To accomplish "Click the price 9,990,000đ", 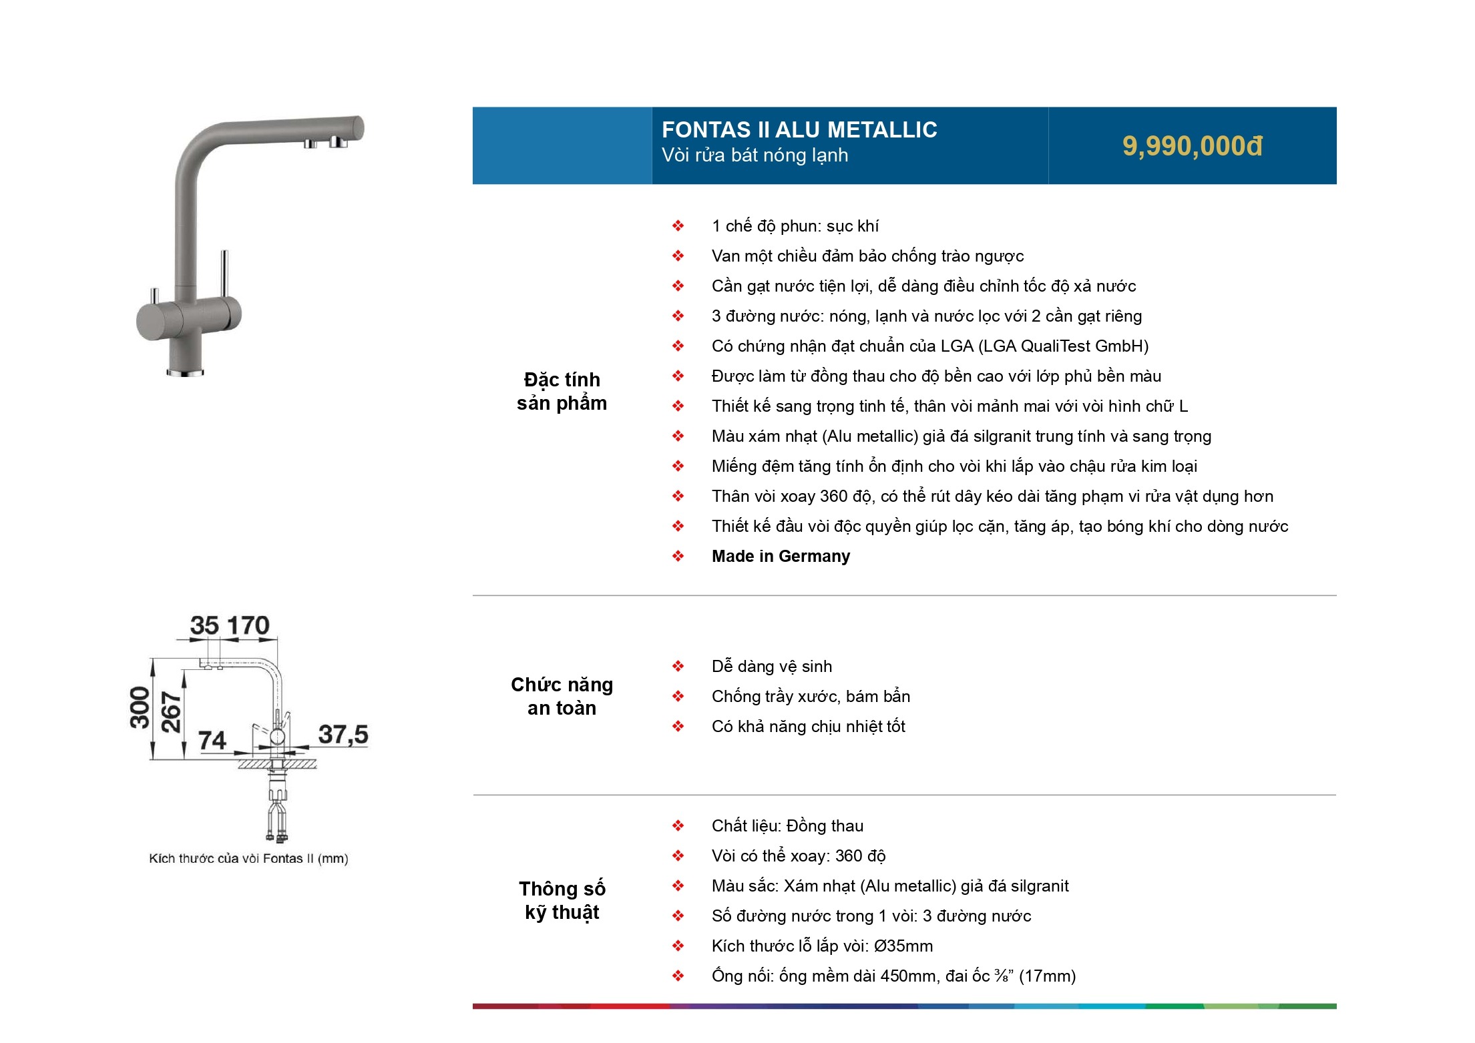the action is coord(1192,146).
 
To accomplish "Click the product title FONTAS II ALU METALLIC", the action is coord(799,129).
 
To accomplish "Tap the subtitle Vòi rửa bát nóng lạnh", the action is coord(755,155).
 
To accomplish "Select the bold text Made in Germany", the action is coord(781,556).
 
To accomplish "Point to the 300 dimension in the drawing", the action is coord(140,707).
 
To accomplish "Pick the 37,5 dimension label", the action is coord(343,735).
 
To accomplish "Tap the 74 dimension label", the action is coord(212,740).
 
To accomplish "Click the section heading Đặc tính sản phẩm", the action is coord(562,391).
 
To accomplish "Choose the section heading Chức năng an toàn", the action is coord(562,696).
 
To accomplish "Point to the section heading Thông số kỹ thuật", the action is coord(562,900).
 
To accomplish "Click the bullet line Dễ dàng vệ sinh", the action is coord(772,666).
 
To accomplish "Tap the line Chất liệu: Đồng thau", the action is coord(787,825).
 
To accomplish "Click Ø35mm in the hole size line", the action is coord(903,946).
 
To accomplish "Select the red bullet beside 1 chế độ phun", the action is coord(678,226).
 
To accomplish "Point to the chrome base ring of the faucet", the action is coord(185,372).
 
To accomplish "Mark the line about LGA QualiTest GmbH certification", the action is coord(930,346).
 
